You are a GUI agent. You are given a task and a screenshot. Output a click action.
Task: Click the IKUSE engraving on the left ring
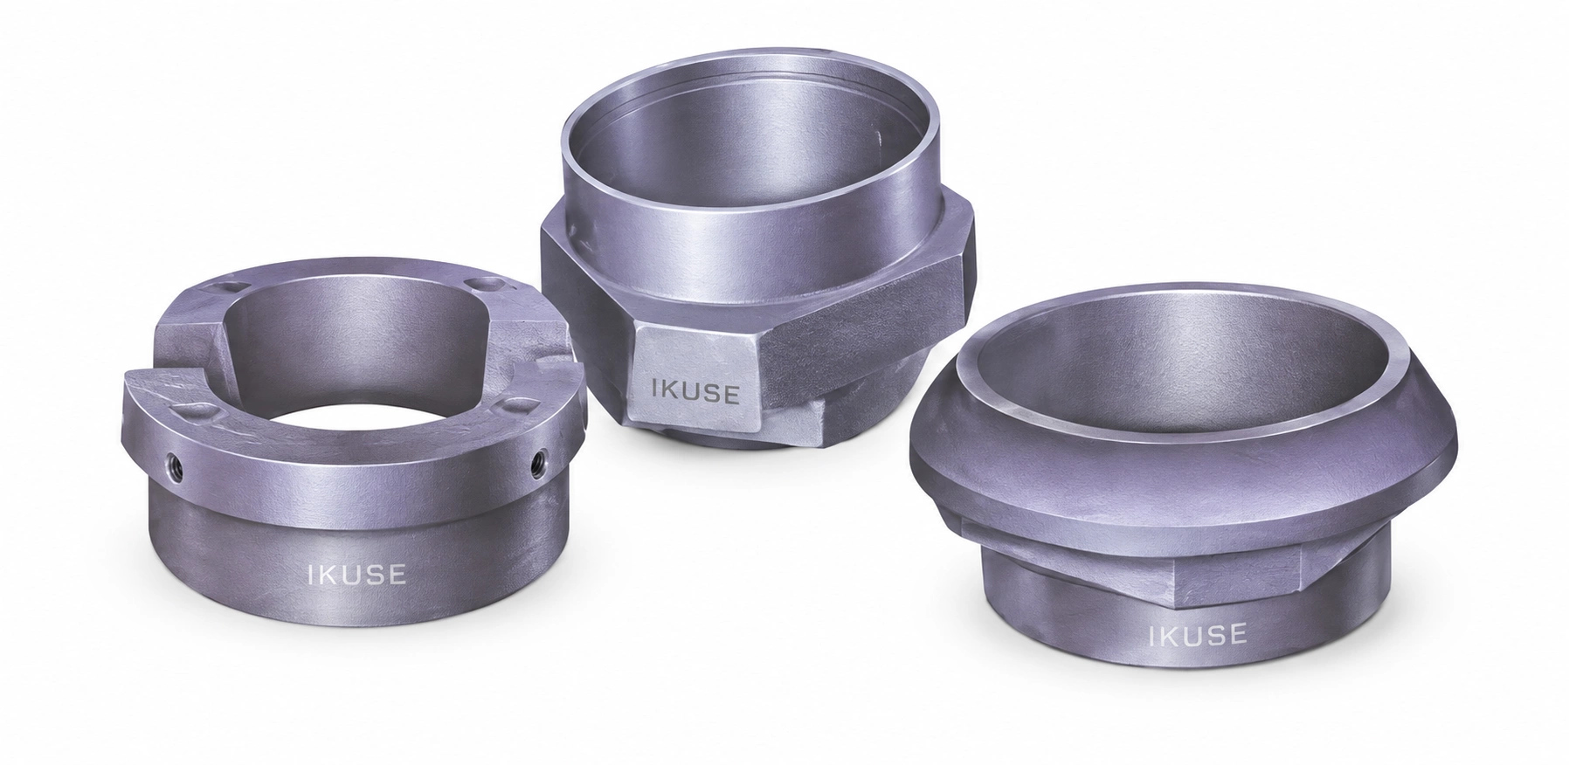(356, 575)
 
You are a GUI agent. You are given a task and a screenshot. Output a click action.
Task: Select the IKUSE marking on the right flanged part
(1197, 633)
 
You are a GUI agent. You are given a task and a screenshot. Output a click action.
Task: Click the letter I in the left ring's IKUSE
(311, 575)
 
